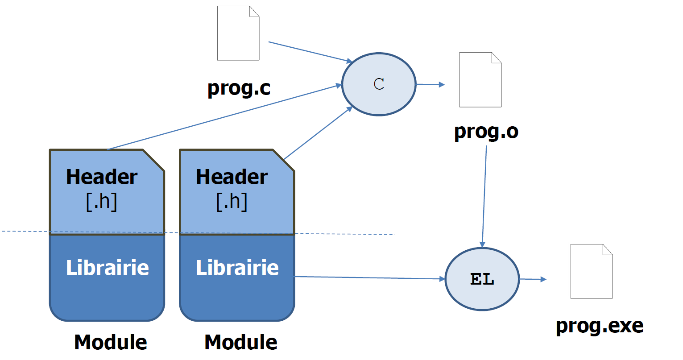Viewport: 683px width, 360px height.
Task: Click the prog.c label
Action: [x=239, y=88]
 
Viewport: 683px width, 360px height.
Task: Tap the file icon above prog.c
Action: [x=238, y=33]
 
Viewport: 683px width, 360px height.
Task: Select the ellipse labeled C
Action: [x=379, y=84]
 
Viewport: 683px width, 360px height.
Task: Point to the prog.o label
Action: [x=486, y=131]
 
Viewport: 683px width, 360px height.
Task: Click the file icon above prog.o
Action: [x=480, y=80]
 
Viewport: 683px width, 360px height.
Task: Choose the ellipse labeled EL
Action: [x=482, y=279]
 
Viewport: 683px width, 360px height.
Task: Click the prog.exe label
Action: [x=600, y=326]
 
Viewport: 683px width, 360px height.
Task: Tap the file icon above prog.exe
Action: [x=592, y=271]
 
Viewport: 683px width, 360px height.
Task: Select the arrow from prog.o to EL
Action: [x=484, y=196]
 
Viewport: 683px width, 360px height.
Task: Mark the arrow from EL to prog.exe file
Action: [x=533, y=279]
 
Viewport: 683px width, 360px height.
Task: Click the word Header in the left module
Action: [x=102, y=177]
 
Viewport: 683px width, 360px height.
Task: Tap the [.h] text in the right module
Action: [x=232, y=201]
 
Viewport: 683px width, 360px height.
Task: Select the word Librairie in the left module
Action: [x=108, y=268]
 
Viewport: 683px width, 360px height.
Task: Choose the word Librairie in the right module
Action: [x=237, y=268]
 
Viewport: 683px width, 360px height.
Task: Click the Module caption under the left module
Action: [x=111, y=342]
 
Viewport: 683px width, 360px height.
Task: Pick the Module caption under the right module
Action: [x=241, y=342]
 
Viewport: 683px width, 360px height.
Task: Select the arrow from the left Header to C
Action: [x=223, y=117]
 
